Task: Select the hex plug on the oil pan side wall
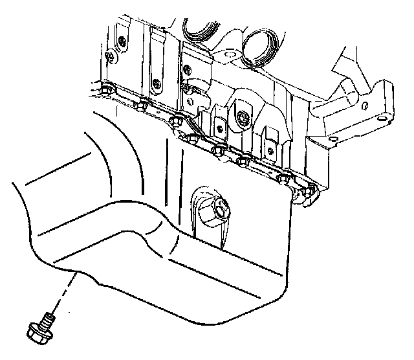tap(216, 208)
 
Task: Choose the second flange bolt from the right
tap(283, 179)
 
